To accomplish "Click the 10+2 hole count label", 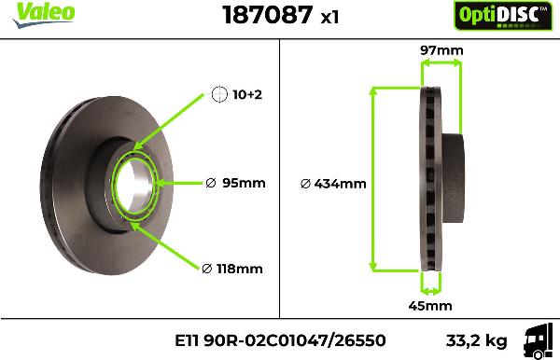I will click(248, 95).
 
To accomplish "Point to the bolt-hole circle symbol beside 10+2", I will click(219, 94).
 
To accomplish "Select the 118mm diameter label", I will click(233, 269).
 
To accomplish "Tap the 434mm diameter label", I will click(333, 184).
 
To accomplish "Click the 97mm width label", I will click(441, 49).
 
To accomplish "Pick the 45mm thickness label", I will click(431, 305).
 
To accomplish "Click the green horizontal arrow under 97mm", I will click(441, 64).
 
